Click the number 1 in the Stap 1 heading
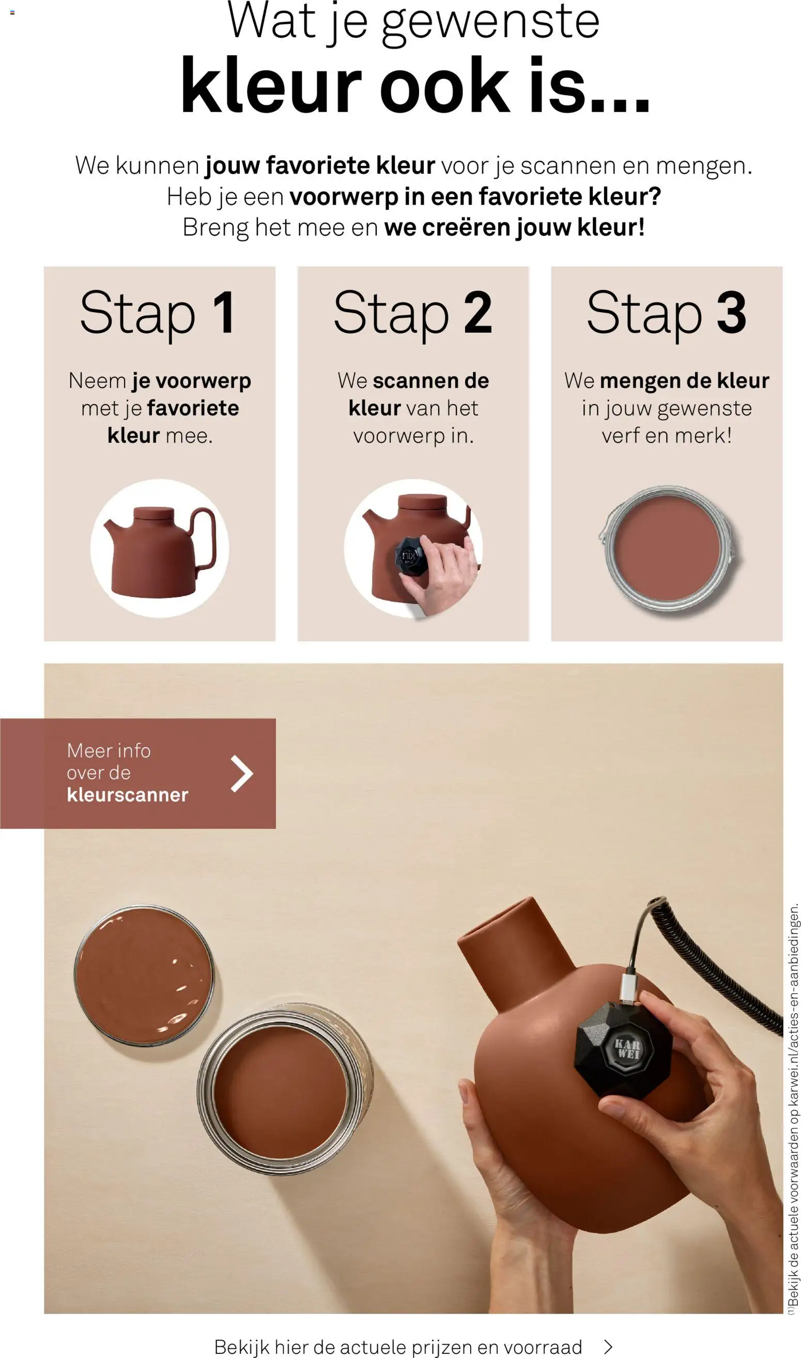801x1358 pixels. coord(224,313)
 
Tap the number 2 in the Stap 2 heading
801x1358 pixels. coord(478,313)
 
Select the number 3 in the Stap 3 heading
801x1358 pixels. coord(731,313)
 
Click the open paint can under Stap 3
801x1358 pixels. coord(668,548)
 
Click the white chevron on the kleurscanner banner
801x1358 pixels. coord(242,774)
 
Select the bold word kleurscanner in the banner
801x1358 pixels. coord(127,795)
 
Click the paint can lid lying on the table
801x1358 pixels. coord(144,975)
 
